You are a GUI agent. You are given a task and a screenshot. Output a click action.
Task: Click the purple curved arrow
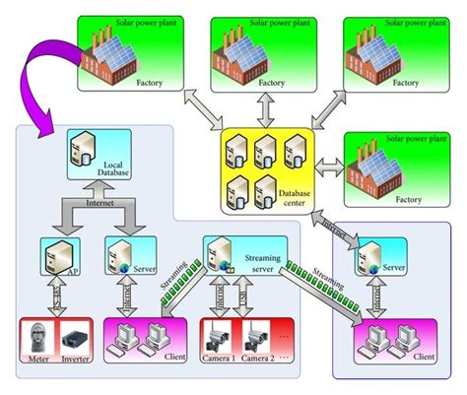(x=39, y=74)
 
